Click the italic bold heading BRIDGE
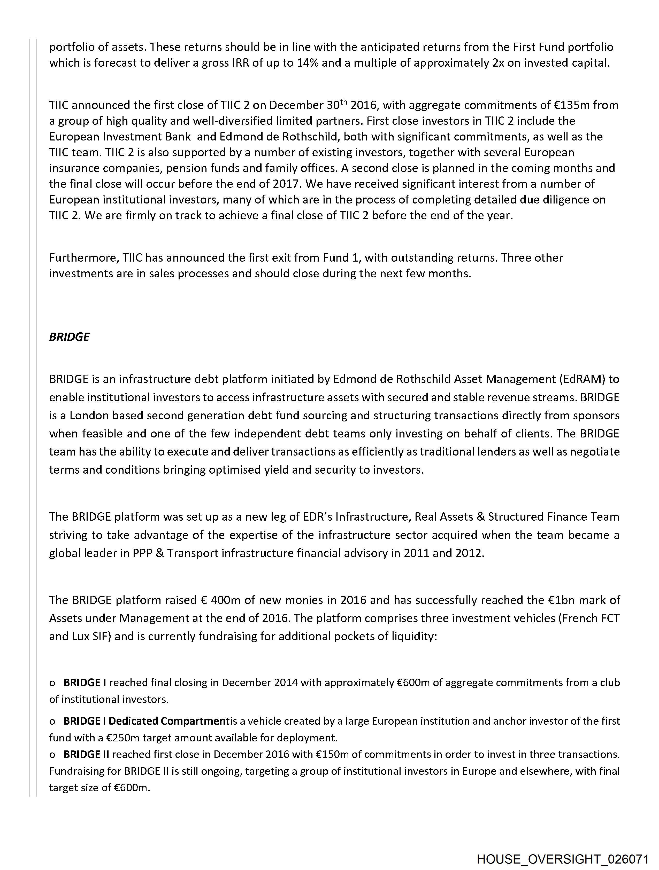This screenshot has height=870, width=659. click(69, 337)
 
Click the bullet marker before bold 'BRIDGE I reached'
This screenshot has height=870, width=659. click(52, 683)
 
